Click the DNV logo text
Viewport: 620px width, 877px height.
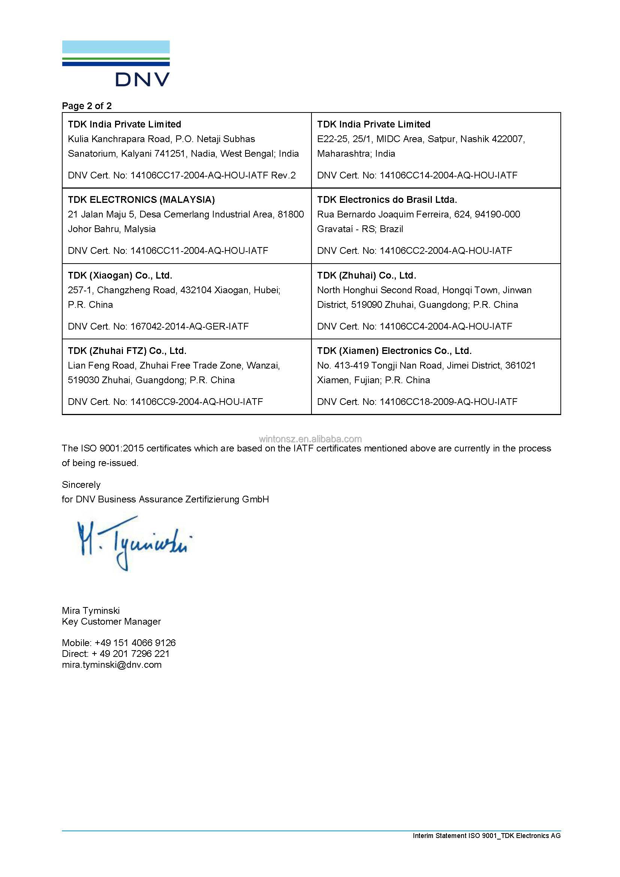[x=142, y=79]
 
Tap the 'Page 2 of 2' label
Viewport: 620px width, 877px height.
[x=87, y=106]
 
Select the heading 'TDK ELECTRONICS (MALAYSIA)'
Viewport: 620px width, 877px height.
[x=141, y=200]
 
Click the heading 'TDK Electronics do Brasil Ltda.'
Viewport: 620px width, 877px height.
[x=387, y=200]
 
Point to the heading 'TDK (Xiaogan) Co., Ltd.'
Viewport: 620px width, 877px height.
[x=120, y=276]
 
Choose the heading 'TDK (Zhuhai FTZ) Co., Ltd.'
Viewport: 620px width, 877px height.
[x=127, y=351]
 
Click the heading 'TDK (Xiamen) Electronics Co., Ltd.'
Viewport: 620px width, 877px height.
[x=394, y=351]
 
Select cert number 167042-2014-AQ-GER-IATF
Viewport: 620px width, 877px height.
[x=189, y=327]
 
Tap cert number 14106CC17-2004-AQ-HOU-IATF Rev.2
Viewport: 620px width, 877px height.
[x=213, y=175]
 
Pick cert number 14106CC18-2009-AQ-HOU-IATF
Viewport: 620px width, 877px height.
[x=448, y=402]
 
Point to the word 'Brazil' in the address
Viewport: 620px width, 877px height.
[x=391, y=229]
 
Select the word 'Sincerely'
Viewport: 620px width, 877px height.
[x=81, y=485]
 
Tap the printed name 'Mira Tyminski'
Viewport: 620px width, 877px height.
[x=90, y=611]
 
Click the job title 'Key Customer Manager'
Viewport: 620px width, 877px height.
[x=111, y=621]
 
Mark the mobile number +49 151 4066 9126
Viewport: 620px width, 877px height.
[x=135, y=643]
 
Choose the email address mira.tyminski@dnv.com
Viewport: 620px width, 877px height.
[x=111, y=665]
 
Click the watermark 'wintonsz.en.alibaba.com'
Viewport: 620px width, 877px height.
[x=310, y=439]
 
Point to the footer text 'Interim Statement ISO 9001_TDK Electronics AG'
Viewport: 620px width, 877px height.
[x=487, y=836]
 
